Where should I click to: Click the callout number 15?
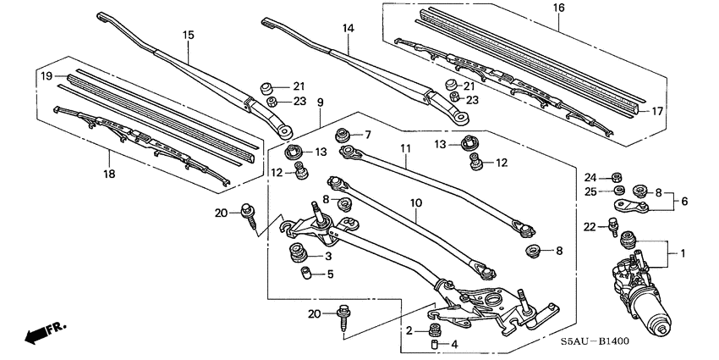coord(188,35)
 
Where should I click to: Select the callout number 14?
coord(348,28)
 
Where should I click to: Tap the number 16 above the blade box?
coord(557,8)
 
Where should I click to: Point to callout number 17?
coord(672,111)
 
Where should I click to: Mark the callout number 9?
coord(321,103)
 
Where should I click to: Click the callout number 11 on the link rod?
coord(405,148)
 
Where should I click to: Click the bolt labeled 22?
coord(612,226)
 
